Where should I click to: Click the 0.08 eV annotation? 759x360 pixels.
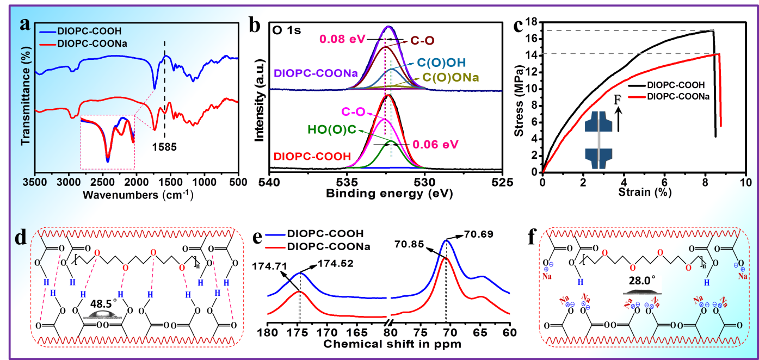(x=340, y=40)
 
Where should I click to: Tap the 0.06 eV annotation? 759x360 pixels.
(x=435, y=145)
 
